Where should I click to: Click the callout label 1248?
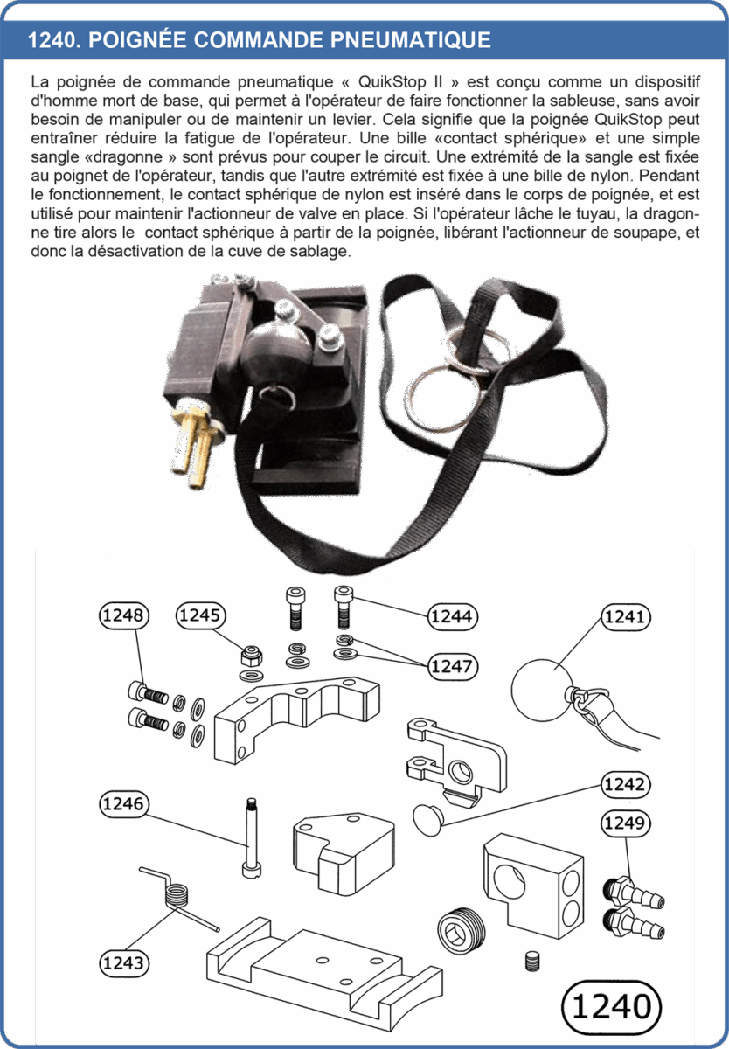point(123,615)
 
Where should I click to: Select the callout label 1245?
point(200,615)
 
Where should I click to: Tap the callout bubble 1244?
point(452,616)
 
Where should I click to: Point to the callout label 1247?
point(452,666)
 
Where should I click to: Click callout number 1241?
point(626,616)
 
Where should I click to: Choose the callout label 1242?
point(626,784)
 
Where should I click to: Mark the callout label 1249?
point(626,823)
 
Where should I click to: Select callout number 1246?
point(123,804)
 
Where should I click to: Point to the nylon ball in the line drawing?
point(542,690)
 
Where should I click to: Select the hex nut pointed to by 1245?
point(252,656)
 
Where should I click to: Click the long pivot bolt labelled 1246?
point(252,837)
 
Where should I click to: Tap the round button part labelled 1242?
point(428,820)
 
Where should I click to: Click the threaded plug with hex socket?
point(462,932)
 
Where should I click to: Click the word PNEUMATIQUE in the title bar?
point(411,40)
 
